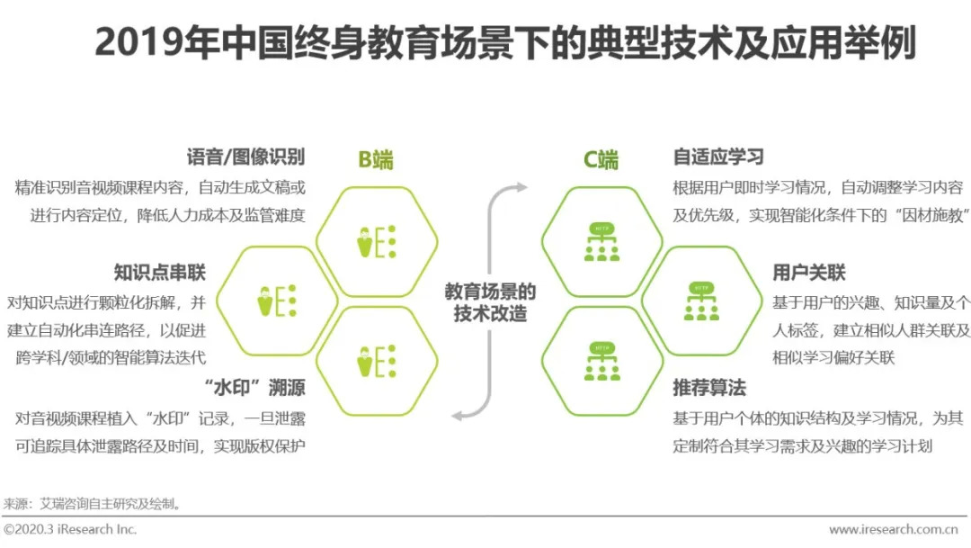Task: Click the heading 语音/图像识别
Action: [x=245, y=157]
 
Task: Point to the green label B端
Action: [x=376, y=160]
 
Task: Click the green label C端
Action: [x=601, y=160]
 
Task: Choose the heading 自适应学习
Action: [x=718, y=157]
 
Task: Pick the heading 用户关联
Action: [x=809, y=273]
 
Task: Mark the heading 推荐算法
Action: [x=709, y=389]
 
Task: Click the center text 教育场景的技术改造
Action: [x=490, y=302]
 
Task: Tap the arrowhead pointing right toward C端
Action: [x=521, y=187]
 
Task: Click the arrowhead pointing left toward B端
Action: [x=458, y=415]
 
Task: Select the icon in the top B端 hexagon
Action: [x=376, y=240]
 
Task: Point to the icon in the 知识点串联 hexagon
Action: [x=277, y=301]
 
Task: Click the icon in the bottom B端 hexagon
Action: [x=376, y=360]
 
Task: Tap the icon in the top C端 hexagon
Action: [x=601, y=241]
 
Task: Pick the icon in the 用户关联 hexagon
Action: [x=700, y=301]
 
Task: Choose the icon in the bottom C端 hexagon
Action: [x=601, y=360]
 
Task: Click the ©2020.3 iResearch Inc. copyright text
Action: [x=70, y=530]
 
